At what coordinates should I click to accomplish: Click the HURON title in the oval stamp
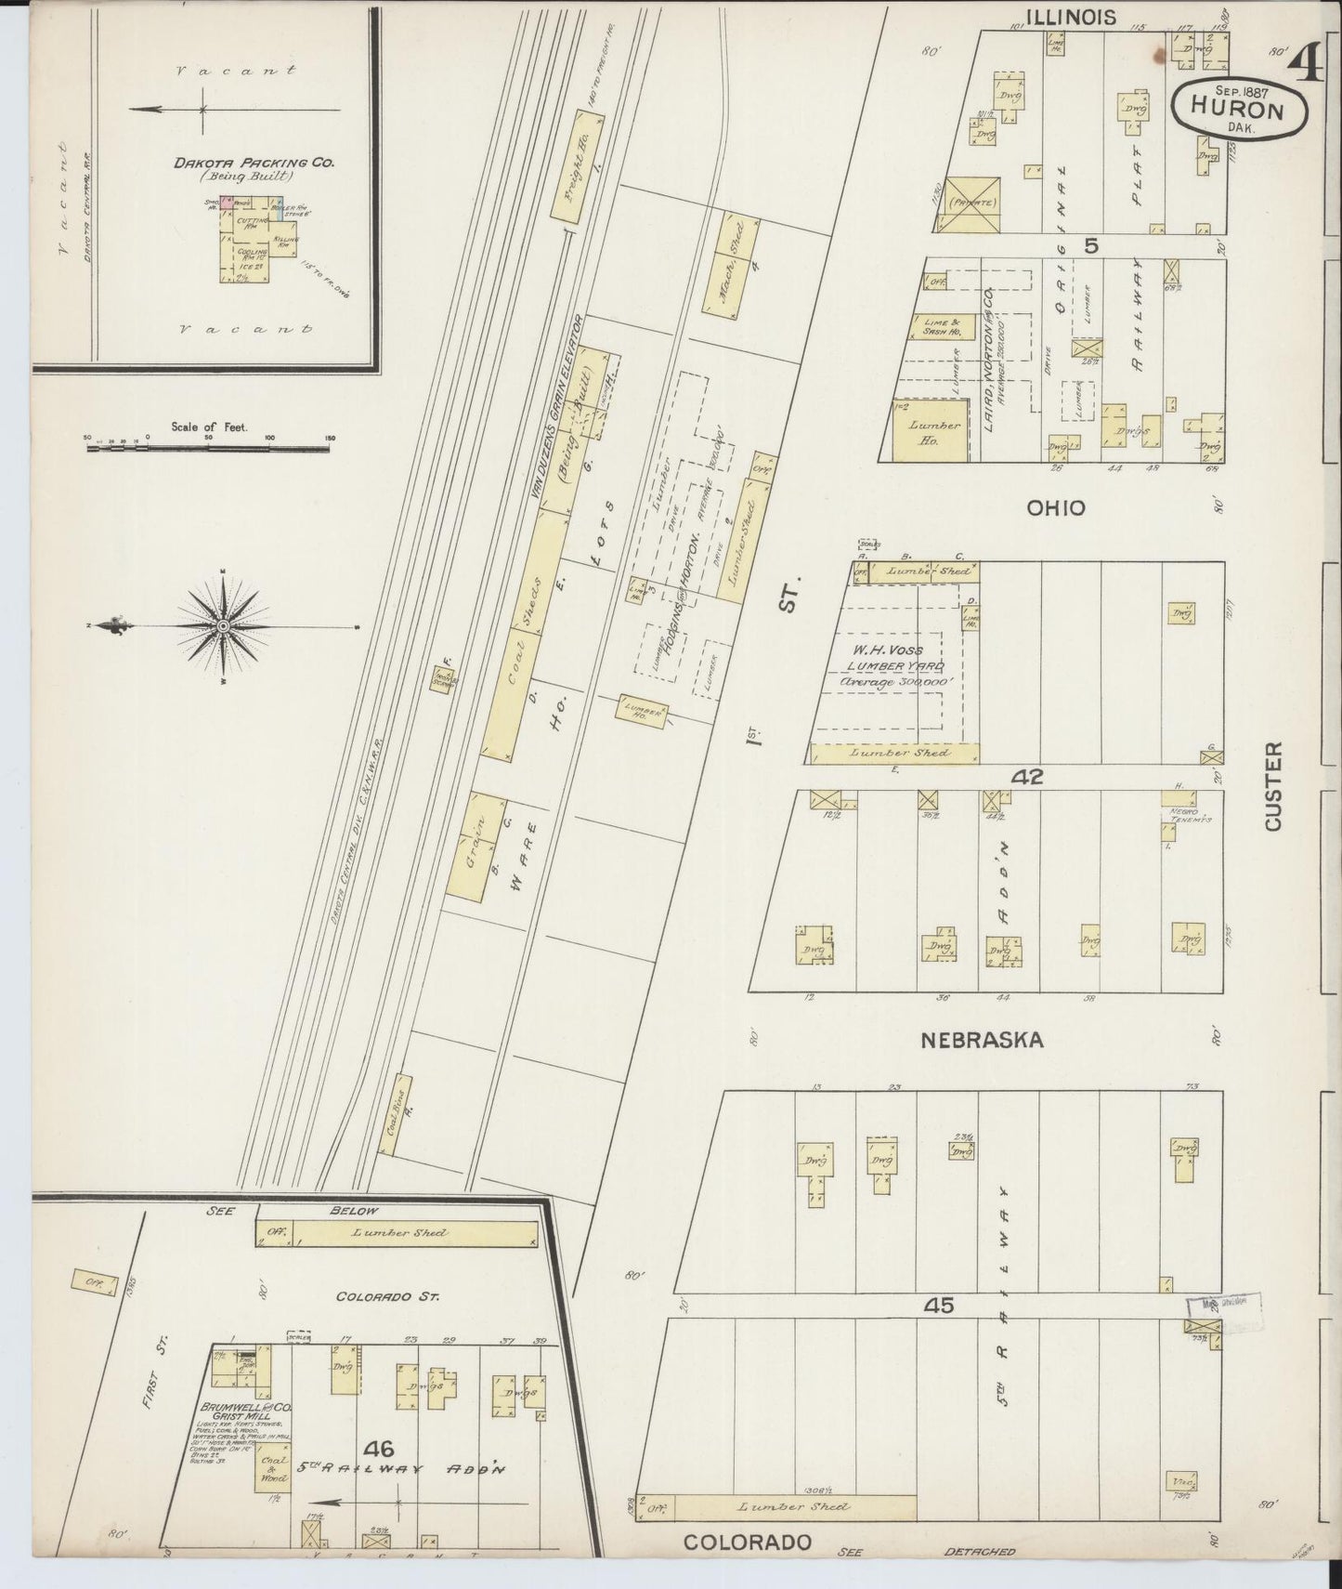[1239, 110]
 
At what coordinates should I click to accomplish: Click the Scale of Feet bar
[208, 447]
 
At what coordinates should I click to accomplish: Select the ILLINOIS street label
[1070, 16]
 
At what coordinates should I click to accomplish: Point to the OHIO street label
[1055, 507]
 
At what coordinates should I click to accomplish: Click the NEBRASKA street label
[982, 1040]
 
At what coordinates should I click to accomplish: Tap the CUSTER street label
[1272, 785]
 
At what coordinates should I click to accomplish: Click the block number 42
[1029, 777]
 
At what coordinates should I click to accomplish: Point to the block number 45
[939, 1306]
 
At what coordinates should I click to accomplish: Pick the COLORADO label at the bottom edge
[748, 1542]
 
